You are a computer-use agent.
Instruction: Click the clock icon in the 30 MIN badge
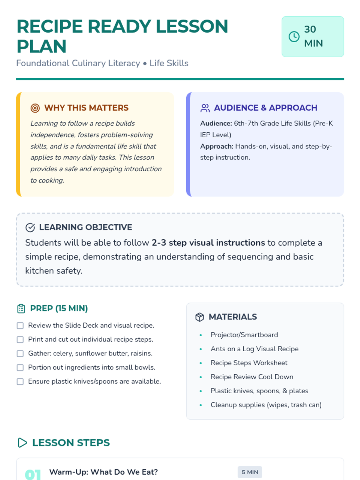point(294,37)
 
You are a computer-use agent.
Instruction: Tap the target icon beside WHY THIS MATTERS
point(35,108)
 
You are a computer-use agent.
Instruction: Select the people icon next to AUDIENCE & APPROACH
point(205,108)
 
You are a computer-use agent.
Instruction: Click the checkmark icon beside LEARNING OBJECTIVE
point(30,227)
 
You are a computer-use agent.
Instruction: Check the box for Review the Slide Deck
point(20,325)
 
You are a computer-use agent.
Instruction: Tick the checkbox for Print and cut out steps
point(20,340)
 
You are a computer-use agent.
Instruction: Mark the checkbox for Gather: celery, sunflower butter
point(20,354)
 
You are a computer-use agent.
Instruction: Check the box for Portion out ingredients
point(20,367)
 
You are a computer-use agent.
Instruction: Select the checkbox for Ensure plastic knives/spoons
point(20,382)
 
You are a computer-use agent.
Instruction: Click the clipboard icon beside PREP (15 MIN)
point(21,309)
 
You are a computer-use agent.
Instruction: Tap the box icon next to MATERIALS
point(199,317)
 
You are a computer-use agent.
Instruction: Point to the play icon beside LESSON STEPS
point(22,443)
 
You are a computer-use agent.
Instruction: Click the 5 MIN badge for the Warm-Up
point(250,472)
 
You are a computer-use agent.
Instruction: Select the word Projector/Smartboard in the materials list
point(244,335)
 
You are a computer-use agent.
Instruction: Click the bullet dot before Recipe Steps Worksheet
point(201,363)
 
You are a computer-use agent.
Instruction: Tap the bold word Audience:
point(216,123)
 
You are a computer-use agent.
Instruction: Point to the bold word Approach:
point(217,146)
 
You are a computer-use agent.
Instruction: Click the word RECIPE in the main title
point(49,26)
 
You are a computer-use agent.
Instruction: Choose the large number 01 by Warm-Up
point(33,474)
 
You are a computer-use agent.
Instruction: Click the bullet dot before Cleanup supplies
point(201,405)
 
